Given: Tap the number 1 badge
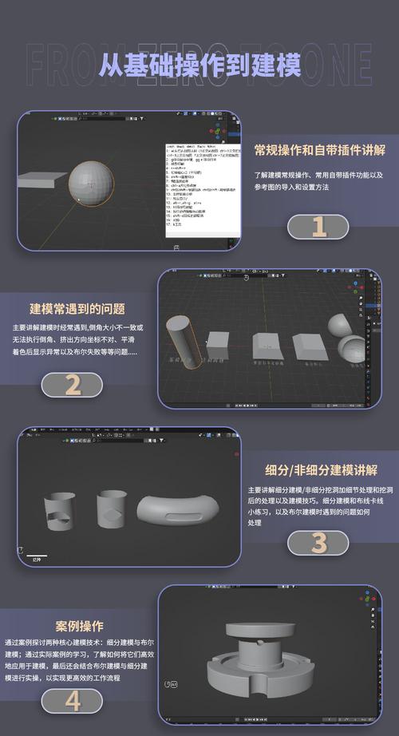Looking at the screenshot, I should click(318, 227).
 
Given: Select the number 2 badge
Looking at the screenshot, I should click(73, 385).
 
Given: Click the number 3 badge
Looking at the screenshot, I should click(318, 543).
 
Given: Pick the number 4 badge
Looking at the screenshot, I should click(73, 701).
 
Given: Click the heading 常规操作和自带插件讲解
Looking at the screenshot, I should click(319, 150).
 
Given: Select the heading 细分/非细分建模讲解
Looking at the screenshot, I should click(321, 469).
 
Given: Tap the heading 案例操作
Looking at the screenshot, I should click(79, 625).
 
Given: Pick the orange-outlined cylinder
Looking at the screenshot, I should click(180, 338).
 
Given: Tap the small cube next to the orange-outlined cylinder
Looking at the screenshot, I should click(218, 343).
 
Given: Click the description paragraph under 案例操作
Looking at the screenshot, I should click(78, 659).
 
